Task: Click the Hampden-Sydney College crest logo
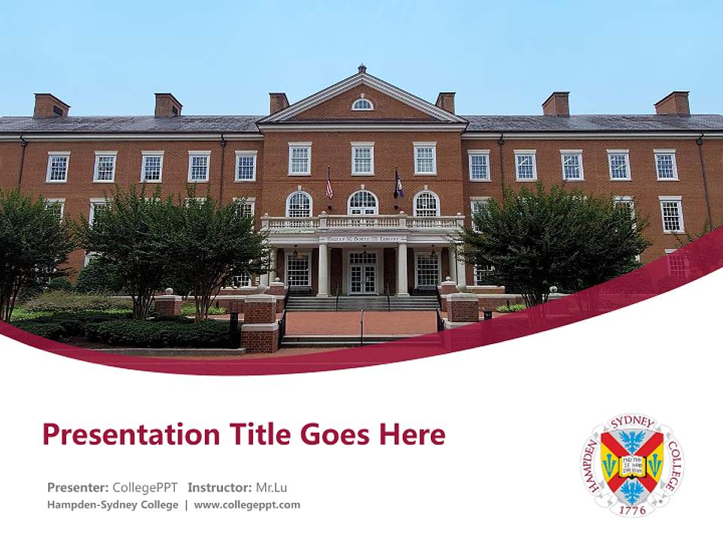pyautogui.click(x=632, y=464)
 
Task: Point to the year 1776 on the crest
pyautogui.click(x=632, y=510)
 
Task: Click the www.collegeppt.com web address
pyautogui.click(x=247, y=505)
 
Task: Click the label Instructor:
pyautogui.click(x=220, y=487)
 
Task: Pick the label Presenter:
pyautogui.click(x=78, y=487)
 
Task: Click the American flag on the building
pyautogui.click(x=329, y=184)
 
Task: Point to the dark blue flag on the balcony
pyautogui.click(x=398, y=184)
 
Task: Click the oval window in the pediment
pyautogui.click(x=362, y=105)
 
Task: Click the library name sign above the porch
pyautogui.click(x=362, y=239)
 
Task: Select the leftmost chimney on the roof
pyautogui.click(x=51, y=105)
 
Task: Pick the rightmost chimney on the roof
pyautogui.click(x=672, y=103)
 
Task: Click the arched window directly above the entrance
pyautogui.click(x=362, y=202)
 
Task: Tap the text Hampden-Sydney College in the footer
pyautogui.click(x=113, y=505)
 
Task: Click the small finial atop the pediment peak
pyautogui.click(x=362, y=68)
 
